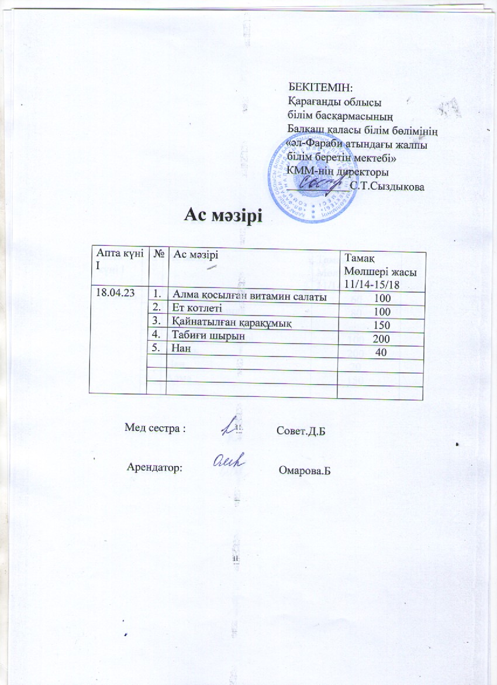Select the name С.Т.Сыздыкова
coord(386,186)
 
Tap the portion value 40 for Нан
coord(382,352)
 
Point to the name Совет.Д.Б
coord(299,431)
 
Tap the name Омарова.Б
coord(306,471)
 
